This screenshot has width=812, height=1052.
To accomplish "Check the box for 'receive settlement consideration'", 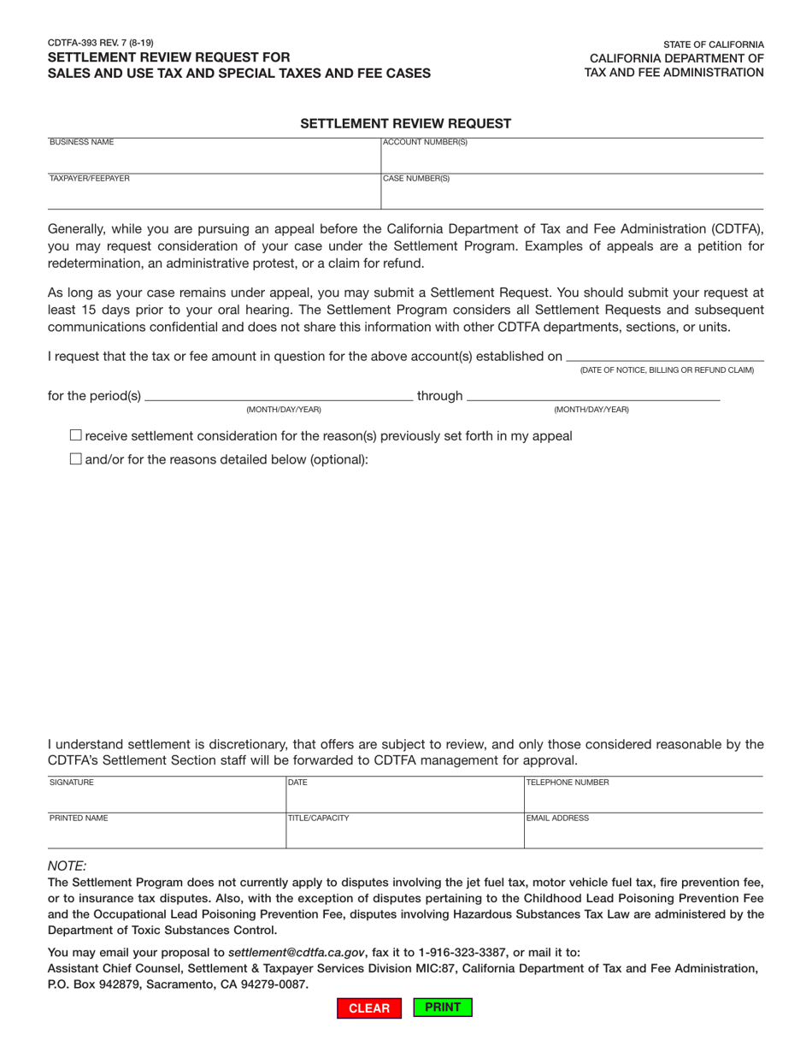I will (x=75, y=436).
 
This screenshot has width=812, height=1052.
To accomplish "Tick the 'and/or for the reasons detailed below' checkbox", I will (x=75, y=459).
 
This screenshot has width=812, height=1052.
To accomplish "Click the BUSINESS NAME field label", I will (x=81, y=142).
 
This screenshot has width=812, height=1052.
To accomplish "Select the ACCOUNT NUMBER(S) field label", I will (x=425, y=142).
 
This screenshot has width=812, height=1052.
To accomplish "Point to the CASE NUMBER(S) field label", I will (x=416, y=179).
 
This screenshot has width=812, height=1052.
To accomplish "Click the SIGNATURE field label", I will (x=72, y=782).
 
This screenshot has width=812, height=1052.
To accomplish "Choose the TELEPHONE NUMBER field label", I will (x=568, y=782).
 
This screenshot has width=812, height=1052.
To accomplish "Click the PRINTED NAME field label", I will (x=79, y=818).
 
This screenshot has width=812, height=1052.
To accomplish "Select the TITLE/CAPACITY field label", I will (x=319, y=818).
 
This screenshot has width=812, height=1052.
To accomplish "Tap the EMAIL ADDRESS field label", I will (x=557, y=818).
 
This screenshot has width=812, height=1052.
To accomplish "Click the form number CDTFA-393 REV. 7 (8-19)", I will (x=101, y=41).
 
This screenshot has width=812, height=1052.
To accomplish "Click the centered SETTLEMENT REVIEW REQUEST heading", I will (x=405, y=124).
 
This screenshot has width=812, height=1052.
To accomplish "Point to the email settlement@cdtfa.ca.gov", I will (x=297, y=952).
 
